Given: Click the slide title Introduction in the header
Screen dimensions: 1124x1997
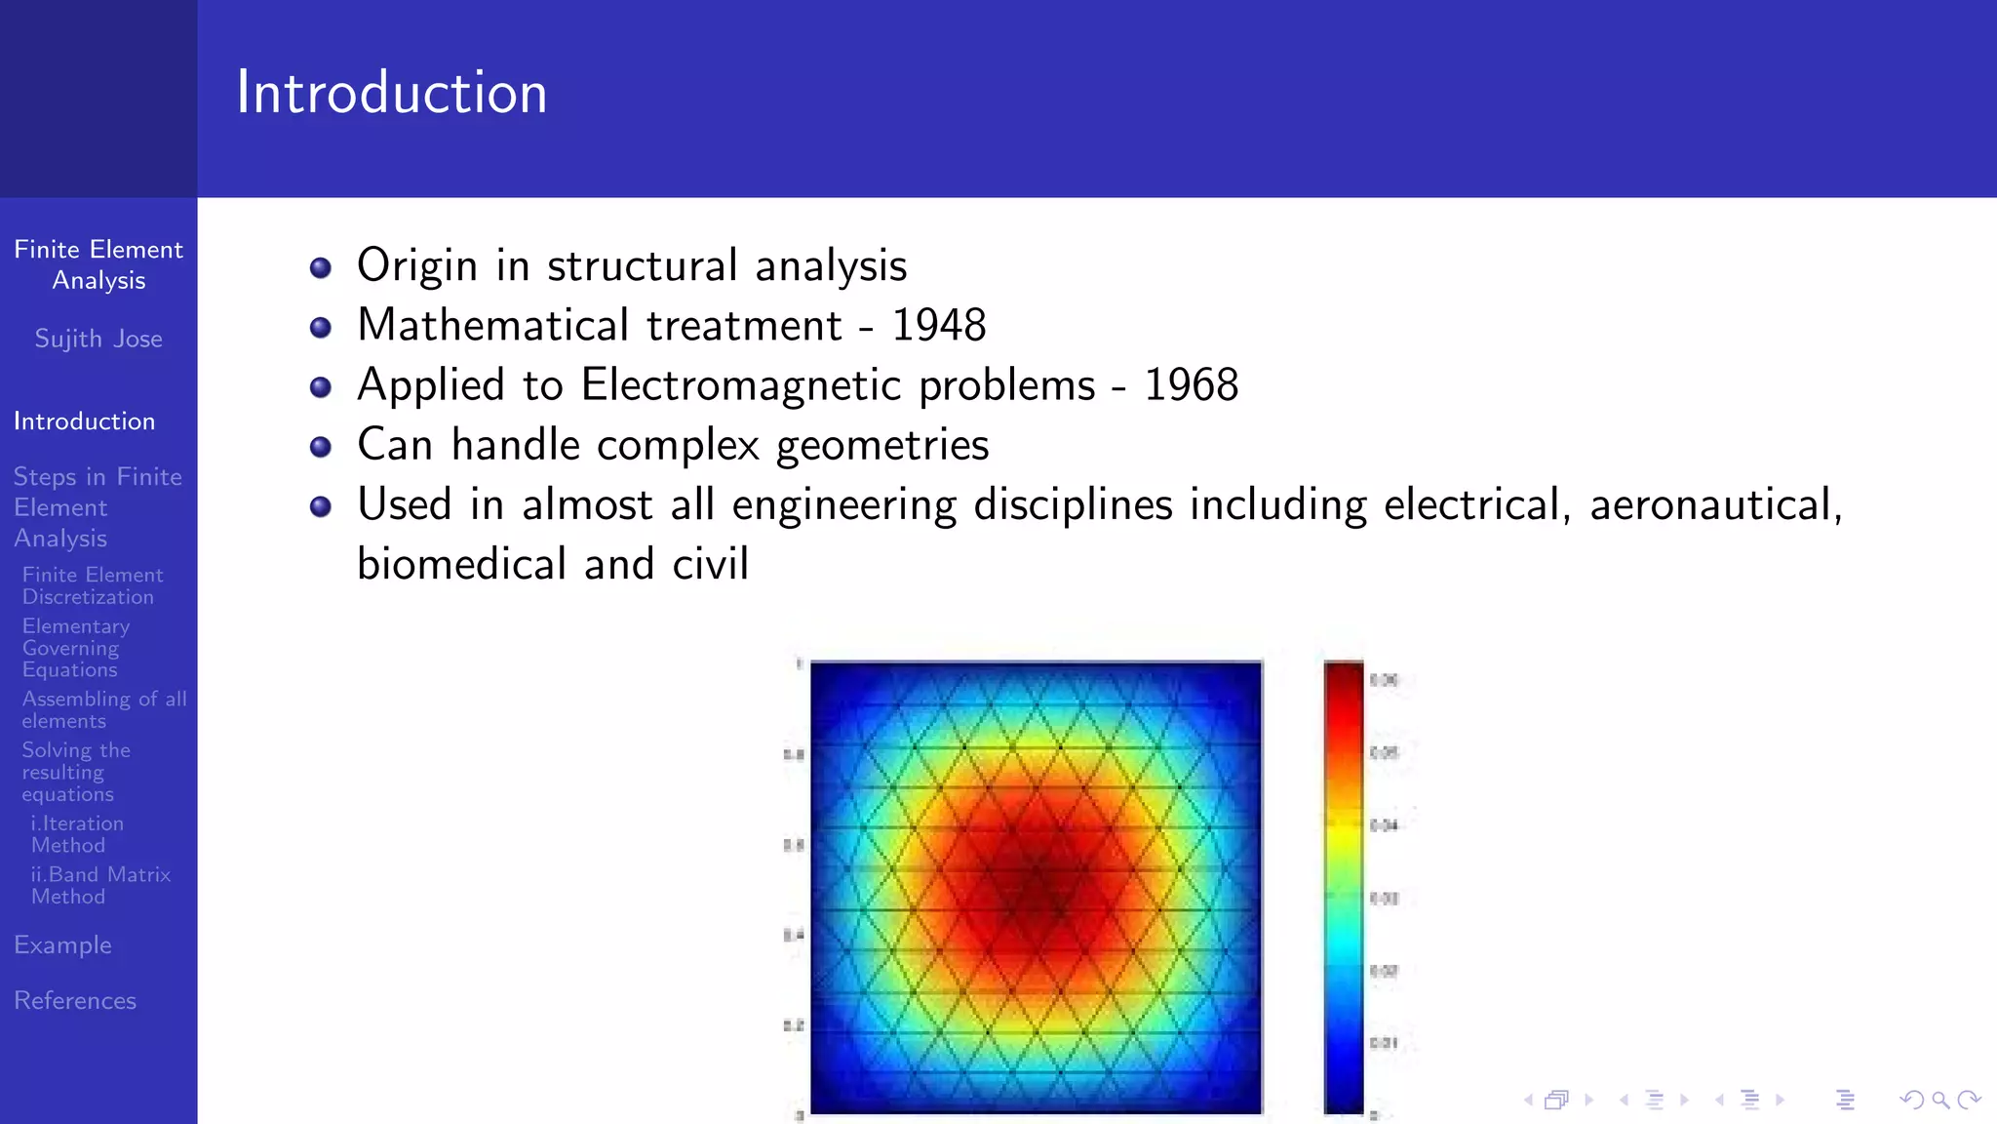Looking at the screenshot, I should tap(391, 94).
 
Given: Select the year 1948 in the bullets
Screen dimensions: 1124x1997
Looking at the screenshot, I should tap(938, 325).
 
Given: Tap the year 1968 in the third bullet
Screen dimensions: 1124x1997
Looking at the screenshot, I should tap(1191, 385).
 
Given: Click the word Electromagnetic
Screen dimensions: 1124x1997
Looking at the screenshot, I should tap(838, 385).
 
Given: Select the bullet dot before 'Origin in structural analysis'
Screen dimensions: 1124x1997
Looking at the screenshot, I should tap(320, 267).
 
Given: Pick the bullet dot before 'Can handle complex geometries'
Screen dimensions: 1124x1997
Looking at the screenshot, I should tap(320, 447).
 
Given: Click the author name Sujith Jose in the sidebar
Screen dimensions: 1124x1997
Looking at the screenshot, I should tap(98, 339).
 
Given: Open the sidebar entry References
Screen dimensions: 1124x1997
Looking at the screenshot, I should tap(75, 1000).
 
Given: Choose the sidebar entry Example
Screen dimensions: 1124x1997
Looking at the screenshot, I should tap(62, 944).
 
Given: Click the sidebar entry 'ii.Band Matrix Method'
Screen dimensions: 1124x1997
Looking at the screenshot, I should tap(100, 885).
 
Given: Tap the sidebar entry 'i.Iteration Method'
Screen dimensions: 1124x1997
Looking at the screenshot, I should tap(77, 834).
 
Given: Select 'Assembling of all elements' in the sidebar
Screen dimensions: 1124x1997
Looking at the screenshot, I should tap(104, 709).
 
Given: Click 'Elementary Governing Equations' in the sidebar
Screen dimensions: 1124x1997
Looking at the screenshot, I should tap(75, 648).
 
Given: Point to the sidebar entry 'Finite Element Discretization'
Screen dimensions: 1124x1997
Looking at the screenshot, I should tap(93, 585).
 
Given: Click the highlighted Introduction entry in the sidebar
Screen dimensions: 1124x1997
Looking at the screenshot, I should tap(84, 421).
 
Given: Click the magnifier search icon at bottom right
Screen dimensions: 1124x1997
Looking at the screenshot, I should tap(1940, 1101).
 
